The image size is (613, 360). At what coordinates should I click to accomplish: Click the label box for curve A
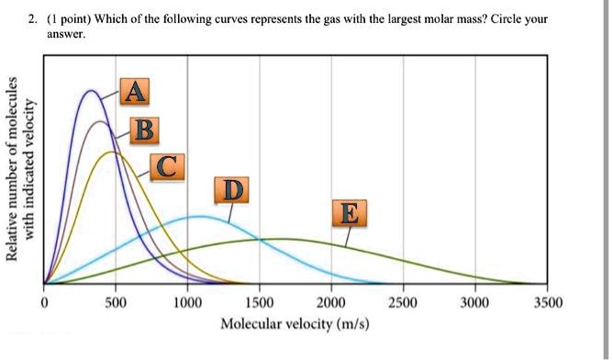134,92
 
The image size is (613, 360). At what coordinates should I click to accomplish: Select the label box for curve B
143,130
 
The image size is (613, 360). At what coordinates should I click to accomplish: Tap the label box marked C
165,166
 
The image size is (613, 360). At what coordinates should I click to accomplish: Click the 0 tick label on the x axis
44,303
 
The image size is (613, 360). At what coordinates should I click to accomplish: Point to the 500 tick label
115,303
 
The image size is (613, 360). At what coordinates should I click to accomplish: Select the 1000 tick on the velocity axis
187,303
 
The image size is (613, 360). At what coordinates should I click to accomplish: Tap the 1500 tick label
259,303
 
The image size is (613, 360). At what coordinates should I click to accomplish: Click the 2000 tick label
331,303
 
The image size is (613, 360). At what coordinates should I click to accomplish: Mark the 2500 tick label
403,303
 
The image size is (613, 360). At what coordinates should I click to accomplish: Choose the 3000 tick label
474,303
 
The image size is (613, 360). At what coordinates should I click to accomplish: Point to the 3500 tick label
545,303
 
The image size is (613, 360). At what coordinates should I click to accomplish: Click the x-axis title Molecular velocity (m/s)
295,324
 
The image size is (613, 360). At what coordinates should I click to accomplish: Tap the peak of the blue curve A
91,91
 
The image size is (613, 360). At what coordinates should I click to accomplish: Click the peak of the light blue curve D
199,217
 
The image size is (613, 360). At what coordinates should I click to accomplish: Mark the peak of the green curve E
280,239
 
